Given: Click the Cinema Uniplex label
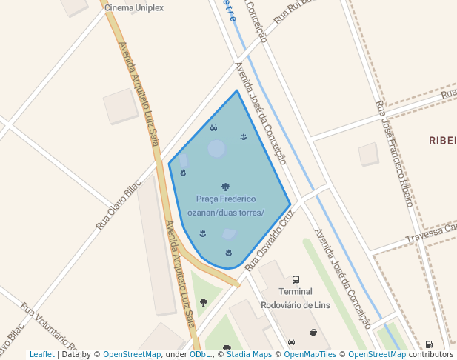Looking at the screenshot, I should (x=134, y=8).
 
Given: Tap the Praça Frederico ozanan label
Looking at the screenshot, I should (x=226, y=206).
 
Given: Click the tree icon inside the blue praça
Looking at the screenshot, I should (x=225, y=187).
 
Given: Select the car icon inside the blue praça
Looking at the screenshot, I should (x=214, y=127).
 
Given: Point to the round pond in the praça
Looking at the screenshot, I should (x=216, y=149).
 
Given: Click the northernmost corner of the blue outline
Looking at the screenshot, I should (x=237, y=90).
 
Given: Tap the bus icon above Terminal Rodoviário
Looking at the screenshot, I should (x=296, y=280).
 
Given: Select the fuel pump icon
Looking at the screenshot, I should (x=429, y=344).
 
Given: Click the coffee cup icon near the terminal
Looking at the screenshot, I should (x=313, y=333).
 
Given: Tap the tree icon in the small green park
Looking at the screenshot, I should (x=204, y=302).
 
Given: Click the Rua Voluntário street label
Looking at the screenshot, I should (x=49, y=326).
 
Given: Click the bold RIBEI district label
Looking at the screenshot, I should (x=442, y=140).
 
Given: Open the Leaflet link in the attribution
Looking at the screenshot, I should (x=42, y=355).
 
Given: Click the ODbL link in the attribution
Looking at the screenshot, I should (x=199, y=355).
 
